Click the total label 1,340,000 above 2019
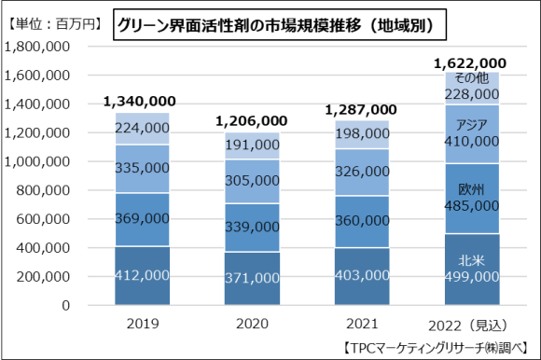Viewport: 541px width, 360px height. tap(142, 102)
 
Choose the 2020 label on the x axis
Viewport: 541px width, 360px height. tap(251, 325)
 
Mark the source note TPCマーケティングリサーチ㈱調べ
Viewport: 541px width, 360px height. tap(432, 348)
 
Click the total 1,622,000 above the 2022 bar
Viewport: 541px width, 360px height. tap(471, 63)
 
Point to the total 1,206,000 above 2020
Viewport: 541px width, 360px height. tap(251, 120)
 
